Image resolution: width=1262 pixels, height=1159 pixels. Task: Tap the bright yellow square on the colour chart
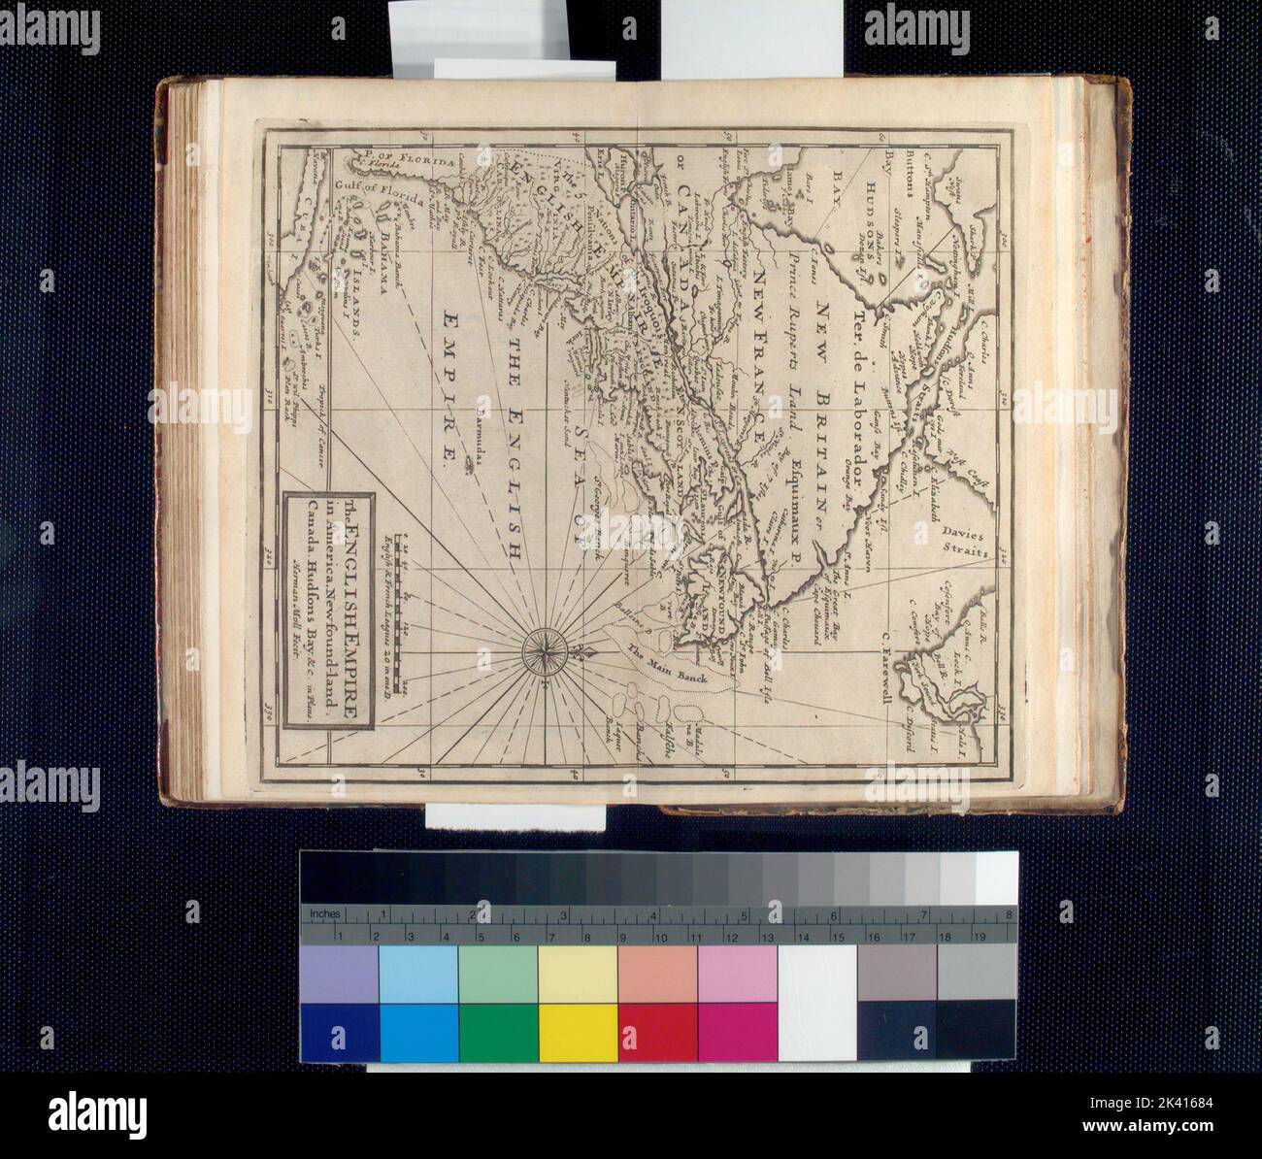[578, 1033]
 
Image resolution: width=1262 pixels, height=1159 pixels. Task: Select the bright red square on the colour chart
[657, 1033]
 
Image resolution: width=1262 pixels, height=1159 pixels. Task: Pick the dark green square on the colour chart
[498, 1033]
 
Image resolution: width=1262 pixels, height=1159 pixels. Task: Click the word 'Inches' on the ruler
[323, 914]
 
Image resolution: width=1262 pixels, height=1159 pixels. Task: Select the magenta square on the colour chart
[737, 1033]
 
